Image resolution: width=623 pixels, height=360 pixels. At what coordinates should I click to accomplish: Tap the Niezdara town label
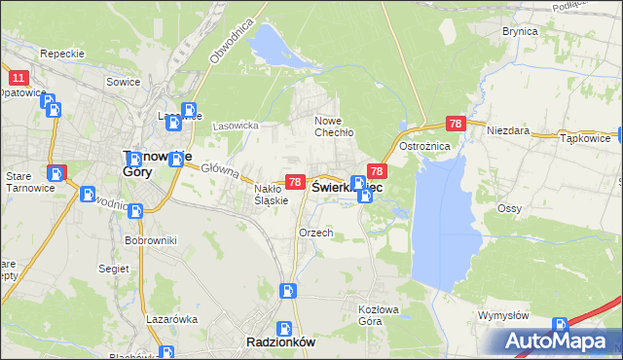[507, 129]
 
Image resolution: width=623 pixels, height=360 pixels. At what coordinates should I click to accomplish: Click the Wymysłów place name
[502, 315]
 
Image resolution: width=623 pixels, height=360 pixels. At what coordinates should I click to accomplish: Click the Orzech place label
[316, 234]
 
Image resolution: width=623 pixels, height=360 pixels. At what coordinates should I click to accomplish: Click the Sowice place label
[124, 83]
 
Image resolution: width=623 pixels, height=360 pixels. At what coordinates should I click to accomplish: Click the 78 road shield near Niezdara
[456, 124]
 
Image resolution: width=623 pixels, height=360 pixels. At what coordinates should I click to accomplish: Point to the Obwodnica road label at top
[231, 39]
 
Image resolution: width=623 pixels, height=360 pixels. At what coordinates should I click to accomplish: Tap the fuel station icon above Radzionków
[288, 290]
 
